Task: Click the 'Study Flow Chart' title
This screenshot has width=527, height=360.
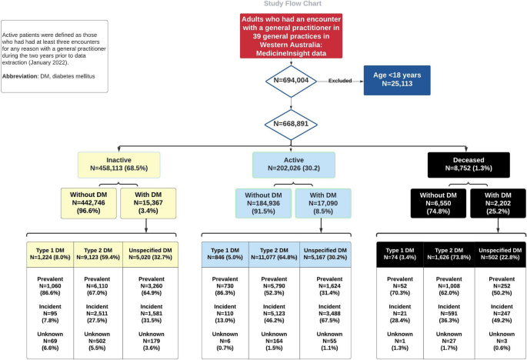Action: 263,4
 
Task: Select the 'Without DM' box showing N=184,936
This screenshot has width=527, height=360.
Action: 264,202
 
